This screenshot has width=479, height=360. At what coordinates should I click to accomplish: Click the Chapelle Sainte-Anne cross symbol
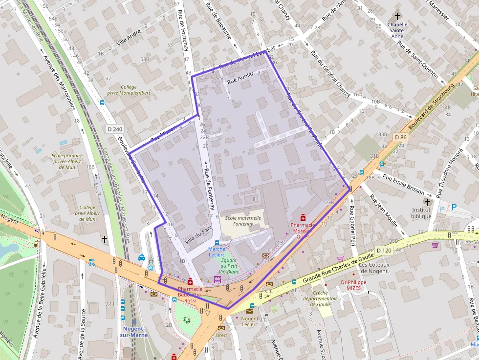coord(397,16)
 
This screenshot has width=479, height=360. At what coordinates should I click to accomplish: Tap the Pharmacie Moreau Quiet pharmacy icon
coord(303,217)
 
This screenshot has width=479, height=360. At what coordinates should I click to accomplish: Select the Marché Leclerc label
coord(217,252)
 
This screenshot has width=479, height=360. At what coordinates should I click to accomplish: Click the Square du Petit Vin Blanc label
coord(228,266)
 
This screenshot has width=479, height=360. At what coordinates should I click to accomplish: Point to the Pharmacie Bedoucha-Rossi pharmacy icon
coord(190,281)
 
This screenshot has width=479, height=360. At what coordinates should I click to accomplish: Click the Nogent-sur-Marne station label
coord(133,332)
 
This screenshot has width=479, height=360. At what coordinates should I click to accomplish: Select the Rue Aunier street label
coord(240,78)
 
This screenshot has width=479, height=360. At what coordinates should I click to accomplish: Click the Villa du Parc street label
coord(198,235)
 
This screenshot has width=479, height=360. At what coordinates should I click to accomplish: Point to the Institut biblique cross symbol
coord(428,201)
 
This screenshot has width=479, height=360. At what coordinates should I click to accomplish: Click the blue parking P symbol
coord(454,207)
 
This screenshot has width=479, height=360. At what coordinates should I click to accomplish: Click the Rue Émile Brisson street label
coord(404,182)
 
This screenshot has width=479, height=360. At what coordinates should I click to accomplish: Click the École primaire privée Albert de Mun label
coord(67,161)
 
